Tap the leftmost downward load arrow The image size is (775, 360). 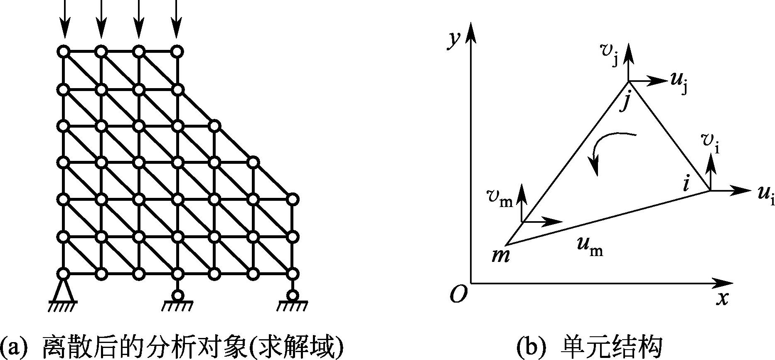pos(64,21)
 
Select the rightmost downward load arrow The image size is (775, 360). pos(177,21)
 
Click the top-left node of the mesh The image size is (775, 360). pos(64,52)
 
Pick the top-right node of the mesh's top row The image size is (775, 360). pos(177,52)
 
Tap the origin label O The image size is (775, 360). pos(458,295)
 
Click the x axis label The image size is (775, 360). pos(723,298)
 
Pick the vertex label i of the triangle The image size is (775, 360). pos(686,183)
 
